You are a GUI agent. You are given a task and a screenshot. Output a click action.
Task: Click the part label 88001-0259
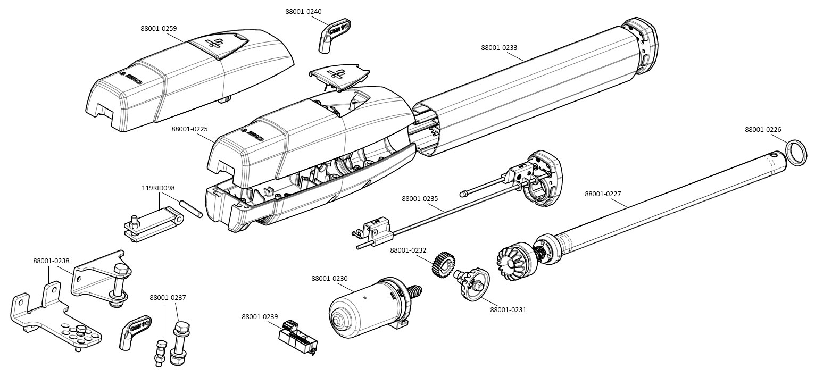pyautogui.click(x=159, y=28)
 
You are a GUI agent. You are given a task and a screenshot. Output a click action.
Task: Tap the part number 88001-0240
pyautogui.click(x=303, y=12)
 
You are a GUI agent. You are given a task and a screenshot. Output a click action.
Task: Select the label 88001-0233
pyautogui.click(x=499, y=47)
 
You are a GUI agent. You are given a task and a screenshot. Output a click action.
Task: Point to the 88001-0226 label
pyautogui.click(x=763, y=130)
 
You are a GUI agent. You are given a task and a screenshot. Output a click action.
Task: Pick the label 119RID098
pyautogui.click(x=158, y=188)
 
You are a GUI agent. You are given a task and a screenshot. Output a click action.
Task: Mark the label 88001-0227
pyautogui.click(x=603, y=194)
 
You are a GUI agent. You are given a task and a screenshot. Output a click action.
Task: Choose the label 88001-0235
pyautogui.click(x=420, y=199)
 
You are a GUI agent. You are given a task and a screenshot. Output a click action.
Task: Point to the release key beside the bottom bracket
pyautogui.click(x=131, y=332)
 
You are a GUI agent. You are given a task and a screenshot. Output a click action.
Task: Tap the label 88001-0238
pyautogui.click(x=51, y=261)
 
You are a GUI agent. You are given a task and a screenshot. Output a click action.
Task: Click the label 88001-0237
pyautogui.click(x=168, y=298)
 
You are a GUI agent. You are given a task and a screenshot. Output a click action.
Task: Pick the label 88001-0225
pyautogui.click(x=189, y=129)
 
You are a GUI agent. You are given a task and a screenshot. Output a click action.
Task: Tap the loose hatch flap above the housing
pyautogui.click(x=339, y=75)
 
